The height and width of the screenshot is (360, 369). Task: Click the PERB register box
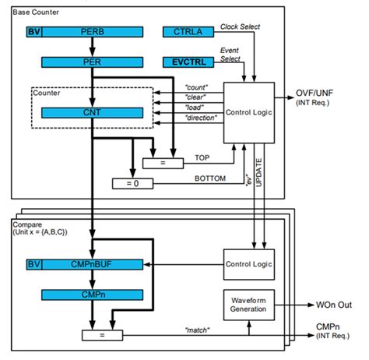tap(93, 32)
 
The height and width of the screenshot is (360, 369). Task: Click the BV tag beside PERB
tap(33, 32)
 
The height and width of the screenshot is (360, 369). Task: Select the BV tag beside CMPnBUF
tap(33, 265)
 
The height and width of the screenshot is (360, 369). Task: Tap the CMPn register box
tap(93, 296)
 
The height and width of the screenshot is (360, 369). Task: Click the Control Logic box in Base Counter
tap(248, 111)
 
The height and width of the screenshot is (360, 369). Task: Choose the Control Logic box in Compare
tap(248, 264)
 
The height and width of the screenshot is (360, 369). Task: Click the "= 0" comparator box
tap(131, 183)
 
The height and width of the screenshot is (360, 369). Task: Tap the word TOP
tap(202, 158)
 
